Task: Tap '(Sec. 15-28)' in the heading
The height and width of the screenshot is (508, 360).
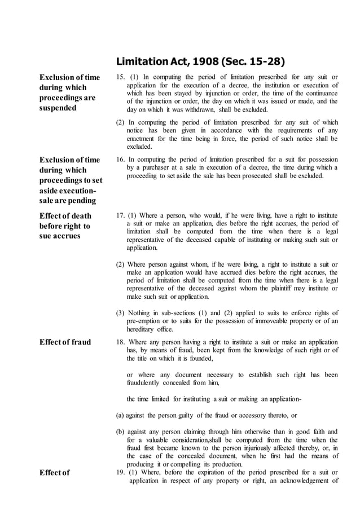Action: pyautogui.click(x=254, y=61)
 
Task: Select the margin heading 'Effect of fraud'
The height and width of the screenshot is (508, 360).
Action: pyautogui.click(x=65, y=342)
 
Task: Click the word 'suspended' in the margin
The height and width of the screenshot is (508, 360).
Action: pyautogui.click(x=58, y=108)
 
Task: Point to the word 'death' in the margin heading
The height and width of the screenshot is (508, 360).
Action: pyautogui.click(x=78, y=215)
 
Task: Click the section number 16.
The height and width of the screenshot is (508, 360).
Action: pyautogui.click(x=120, y=160)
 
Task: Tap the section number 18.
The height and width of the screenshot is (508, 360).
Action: pyautogui.click(x=120, y=342)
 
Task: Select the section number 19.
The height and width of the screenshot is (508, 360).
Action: pyautogui.click(x=120, y=472)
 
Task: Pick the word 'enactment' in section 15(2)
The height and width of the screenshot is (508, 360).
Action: pyautogui.click(x=143, y=138)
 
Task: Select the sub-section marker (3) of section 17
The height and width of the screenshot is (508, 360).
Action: pyautogui.click(x=120, y=313)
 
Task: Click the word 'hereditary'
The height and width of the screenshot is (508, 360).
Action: pyautogui.click(x=143, y=329)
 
